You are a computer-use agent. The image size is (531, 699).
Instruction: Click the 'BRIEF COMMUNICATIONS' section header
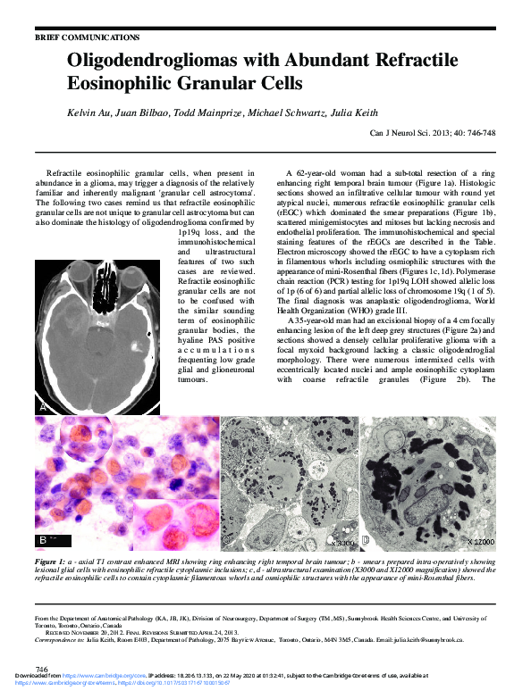[x=87, y=37]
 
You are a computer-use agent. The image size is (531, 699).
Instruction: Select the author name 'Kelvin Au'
[x=92, y=113]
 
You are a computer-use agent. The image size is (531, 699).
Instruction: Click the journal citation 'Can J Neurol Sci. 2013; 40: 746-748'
[x=433, y=133]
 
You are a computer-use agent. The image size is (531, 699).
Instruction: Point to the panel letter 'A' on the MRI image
[x=42, y=406]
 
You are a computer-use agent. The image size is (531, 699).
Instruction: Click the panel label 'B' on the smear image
[x=43, y=541]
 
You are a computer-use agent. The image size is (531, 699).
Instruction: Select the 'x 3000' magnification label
[x=341, y=542]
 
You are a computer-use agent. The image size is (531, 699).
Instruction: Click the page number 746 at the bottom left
[x=40, y=669]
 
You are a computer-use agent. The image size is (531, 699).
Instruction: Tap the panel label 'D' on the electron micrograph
[x=365, y=541]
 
